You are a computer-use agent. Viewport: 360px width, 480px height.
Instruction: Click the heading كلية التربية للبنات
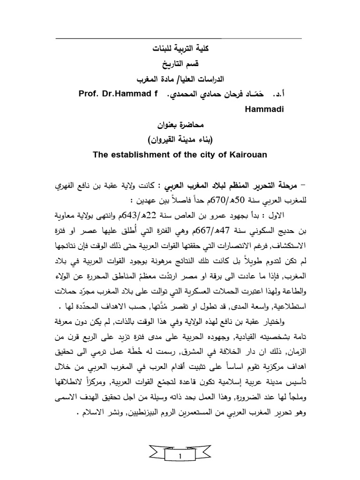pos(180,49)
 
